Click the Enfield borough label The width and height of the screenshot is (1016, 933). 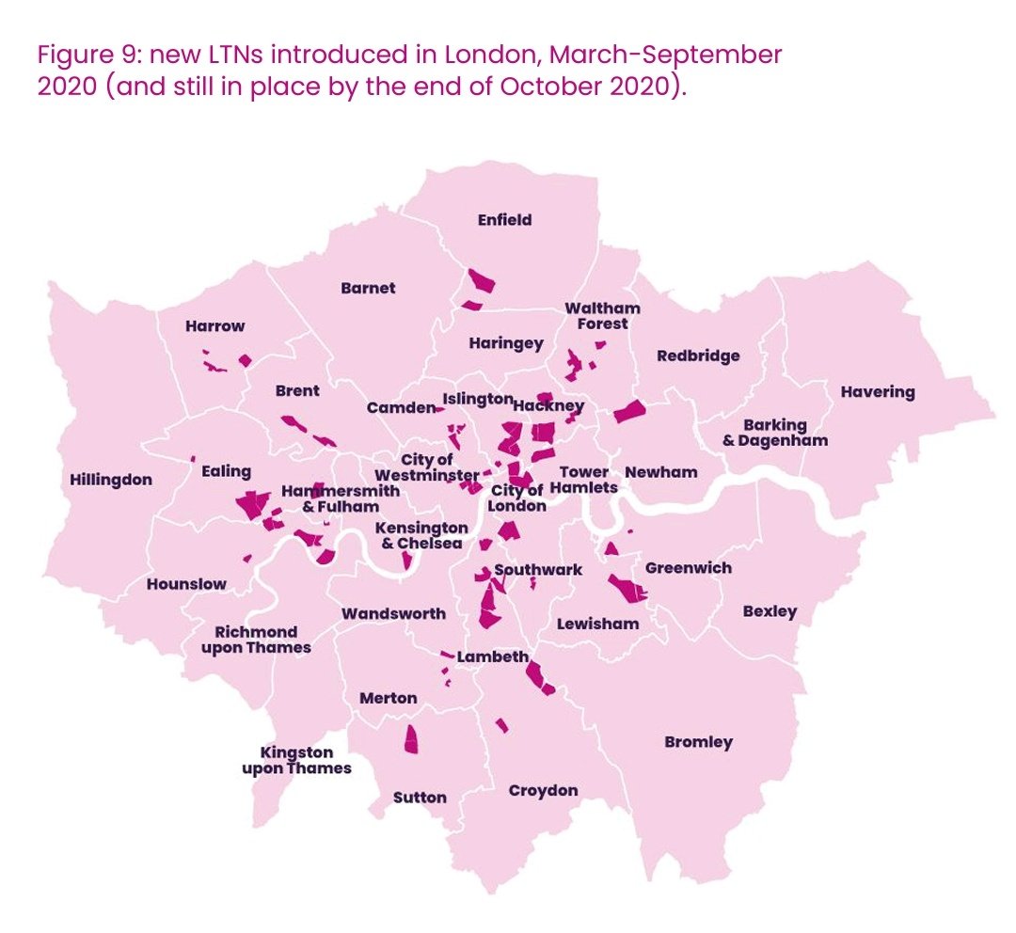504,220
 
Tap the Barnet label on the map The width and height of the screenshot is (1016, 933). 368,288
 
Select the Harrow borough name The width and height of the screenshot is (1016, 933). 214,326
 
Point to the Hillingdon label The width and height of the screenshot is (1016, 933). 111,480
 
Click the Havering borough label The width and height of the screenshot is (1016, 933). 877,392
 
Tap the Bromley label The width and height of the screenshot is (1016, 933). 698,742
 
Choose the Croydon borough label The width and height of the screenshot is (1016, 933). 543,790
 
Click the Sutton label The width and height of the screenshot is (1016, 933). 420,798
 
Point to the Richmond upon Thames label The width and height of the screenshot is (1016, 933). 256,640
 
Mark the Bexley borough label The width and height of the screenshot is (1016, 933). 770,611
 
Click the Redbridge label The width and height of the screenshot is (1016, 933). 698,356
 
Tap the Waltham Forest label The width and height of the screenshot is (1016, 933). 602,316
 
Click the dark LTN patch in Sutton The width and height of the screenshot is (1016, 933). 410,740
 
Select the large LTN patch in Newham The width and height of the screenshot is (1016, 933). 629,412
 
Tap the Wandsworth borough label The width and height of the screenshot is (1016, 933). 393,613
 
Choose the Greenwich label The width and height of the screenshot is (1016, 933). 688,568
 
